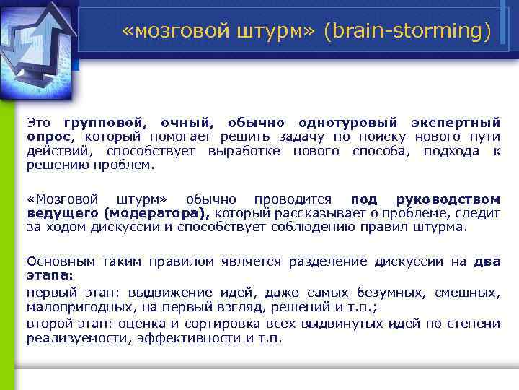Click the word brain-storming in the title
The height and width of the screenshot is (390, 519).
pos(407,32)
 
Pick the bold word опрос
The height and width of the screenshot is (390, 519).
pos(48,136)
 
